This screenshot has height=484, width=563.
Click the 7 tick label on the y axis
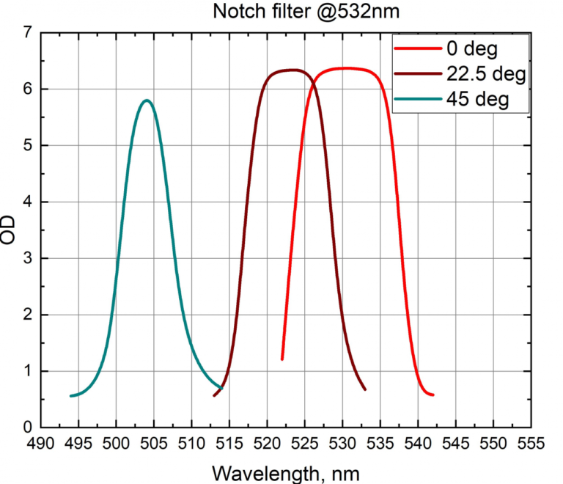pyautogui.click(x=27, y=33)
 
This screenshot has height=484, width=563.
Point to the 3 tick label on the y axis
pyautogui.click(x=27, y=258)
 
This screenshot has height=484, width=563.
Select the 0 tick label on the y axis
pyautogui.click(x=27, y=427)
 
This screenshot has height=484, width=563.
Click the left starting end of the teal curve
pyautogui.click(x=71, y=396)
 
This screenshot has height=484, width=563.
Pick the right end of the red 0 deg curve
pyautogui.click(x=433, y=395)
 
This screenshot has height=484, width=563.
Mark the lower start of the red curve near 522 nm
pyautogui.click(x=282, y=359)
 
